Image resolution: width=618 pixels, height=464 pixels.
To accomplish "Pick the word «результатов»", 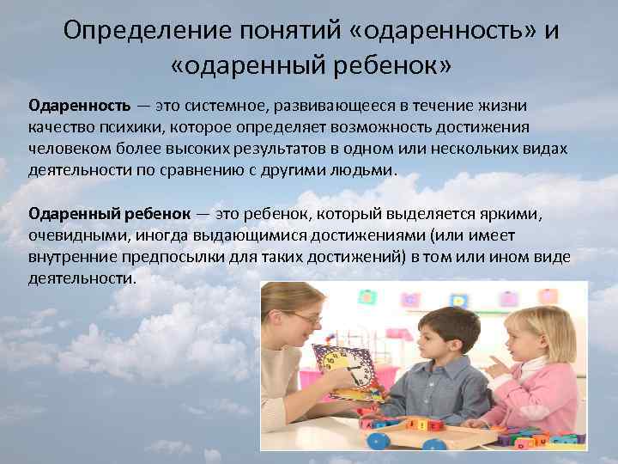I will click(282, 148).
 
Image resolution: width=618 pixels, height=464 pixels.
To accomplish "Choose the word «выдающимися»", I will click(244, 234).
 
